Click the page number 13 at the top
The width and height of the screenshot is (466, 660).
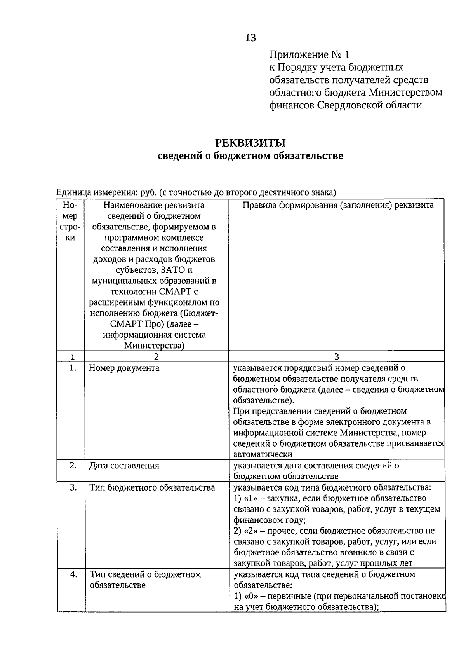tap(250, 38)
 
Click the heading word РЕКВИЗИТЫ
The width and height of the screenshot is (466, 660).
tap(250, 143)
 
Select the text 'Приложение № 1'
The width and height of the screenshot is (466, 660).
tap(309, 54)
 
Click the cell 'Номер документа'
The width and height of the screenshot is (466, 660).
tap(124, 368)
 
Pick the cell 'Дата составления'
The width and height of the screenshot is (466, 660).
tap(124, 466)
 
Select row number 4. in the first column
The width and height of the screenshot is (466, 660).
tap(73, 574)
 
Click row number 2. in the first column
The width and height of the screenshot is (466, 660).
tap(73, 465)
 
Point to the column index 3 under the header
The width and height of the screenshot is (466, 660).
tap(336, 357)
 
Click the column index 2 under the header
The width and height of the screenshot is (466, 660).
tap(156, 357)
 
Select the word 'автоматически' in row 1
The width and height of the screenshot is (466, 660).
tap(263, 454)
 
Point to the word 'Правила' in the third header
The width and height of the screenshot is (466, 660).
tap(258, 205)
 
